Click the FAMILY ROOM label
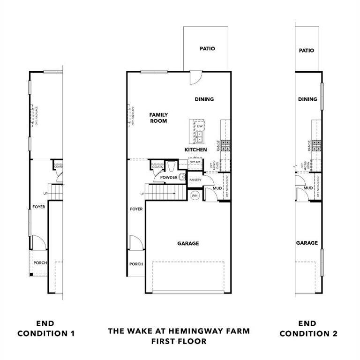[x=158, y=118]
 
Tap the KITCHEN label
[x=195, y=150]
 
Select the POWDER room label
[x=169, y=178]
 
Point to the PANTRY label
[x=195, y=180]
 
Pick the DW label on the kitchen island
[x=200, y=126]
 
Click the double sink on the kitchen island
[x=200, y=136]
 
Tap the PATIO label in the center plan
[x=207, y=48]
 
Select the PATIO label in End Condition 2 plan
[x=306, y=51]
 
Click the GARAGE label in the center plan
[x=188, y=243]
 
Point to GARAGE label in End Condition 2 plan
[x=307, y=243]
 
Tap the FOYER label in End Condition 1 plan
[x=39, y=207]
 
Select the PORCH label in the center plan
[x=136, y=264]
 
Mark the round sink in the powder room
[x=182, y=177]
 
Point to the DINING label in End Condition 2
[x=307, y=99]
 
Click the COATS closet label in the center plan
[x=157, y=166]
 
